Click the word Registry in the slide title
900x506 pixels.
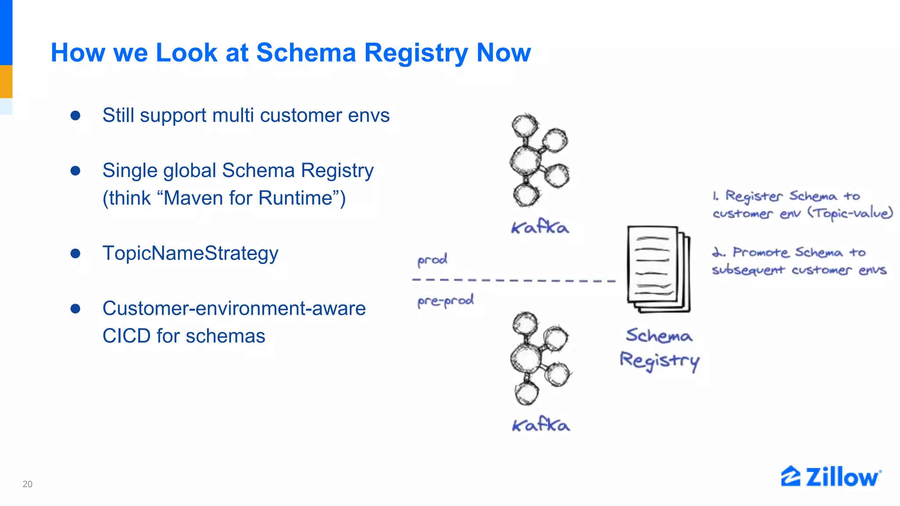[x=416, y=53]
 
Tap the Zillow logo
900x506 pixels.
[x=831, y=477]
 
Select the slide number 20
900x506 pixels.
[x=27, y=484]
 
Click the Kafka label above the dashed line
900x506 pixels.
[x=540, y=227]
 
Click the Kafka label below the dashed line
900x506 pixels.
[x=541, y=425]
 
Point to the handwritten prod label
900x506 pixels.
[x=432, y=260]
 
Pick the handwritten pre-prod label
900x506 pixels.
[x=445, y=301]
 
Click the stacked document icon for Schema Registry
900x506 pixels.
[x=658, y=269]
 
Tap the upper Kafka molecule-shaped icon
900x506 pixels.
[x=539, y=160]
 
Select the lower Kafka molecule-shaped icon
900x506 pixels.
[x=540, y=358]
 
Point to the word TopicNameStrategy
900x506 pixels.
[x=190, y=253]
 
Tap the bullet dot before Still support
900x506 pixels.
[x=76, y=116]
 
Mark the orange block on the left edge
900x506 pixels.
[x=6, y=81]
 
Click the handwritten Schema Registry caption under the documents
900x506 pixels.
[x=659, y=348]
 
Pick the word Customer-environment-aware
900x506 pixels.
[x=234, y=308]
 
